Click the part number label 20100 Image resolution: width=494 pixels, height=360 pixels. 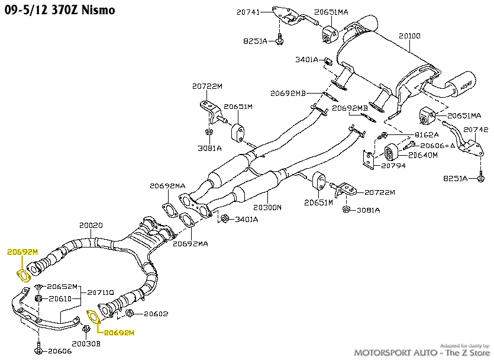pos(409,36)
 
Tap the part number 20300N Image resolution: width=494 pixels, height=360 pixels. pos(267,208)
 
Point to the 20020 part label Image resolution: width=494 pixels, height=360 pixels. pos(91,226)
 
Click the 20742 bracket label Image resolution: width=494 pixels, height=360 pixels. pos(476,129)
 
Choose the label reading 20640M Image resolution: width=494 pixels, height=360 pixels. pos(422,155)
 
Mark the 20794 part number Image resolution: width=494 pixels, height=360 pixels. pos(394,166)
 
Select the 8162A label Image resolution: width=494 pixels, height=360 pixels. pos(427,135)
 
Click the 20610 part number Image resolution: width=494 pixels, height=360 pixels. pos(60,299)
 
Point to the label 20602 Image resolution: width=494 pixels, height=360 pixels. pos(156,314)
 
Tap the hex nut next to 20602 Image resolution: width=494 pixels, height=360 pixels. pos(131,313)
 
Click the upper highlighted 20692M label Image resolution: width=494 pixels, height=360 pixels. pos(22,252)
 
